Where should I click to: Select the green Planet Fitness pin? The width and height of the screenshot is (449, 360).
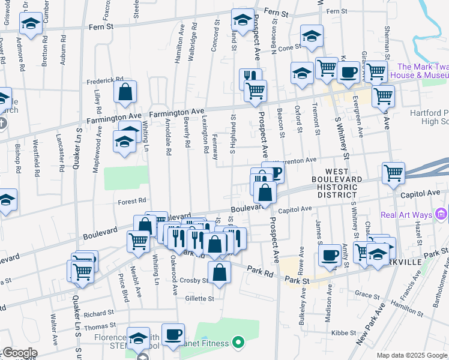point(238,343)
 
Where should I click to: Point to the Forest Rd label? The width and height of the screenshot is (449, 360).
point(132,201)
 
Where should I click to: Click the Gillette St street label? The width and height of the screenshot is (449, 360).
point(200,298)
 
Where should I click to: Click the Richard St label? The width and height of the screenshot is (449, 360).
point(99,313)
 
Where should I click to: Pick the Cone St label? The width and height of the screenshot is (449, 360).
point(289,47)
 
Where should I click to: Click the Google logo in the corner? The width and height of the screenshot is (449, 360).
point(19,353)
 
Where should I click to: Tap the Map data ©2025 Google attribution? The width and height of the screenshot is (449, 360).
point(411,355)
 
